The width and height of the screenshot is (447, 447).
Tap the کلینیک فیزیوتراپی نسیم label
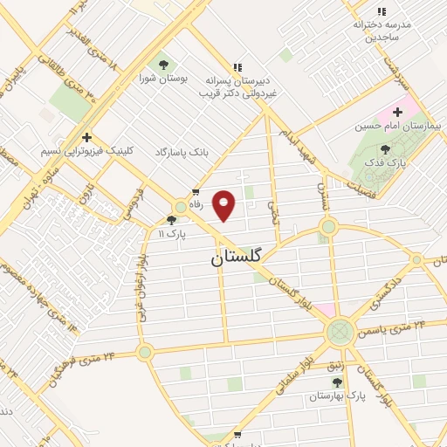point(87,150)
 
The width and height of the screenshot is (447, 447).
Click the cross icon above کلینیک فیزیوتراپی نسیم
point(86,136)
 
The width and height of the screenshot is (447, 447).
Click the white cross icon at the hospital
point(398,112)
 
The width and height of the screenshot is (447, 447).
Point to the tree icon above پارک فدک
point(385,149)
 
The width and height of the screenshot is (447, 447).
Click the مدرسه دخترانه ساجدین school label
point(382,31)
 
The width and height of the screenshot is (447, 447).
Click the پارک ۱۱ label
point(173,234)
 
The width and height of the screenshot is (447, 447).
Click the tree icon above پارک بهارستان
point(337,382)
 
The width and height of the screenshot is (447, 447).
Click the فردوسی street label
point(134,203)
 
